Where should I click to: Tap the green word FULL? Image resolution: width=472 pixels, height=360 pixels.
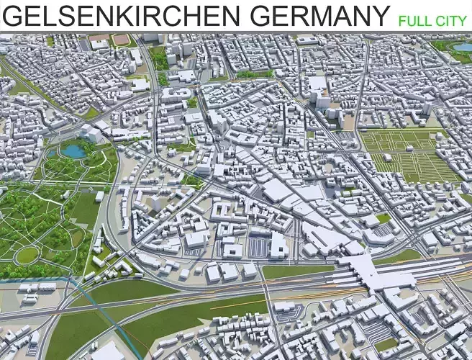coord(413,21)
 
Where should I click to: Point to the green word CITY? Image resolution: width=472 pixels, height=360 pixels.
coord(450,21)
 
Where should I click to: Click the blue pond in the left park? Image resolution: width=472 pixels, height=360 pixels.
coord(73,150)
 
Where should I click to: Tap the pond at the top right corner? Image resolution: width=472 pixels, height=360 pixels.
coord(462,48)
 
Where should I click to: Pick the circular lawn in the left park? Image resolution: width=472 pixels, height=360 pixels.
coord(27,255)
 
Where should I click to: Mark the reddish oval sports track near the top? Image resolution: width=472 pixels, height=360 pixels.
coord(122,40)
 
